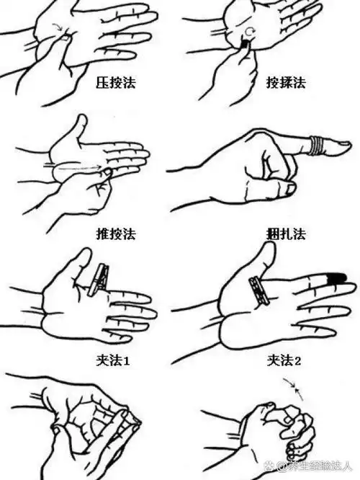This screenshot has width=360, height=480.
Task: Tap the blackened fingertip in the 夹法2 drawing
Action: point(337,277)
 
